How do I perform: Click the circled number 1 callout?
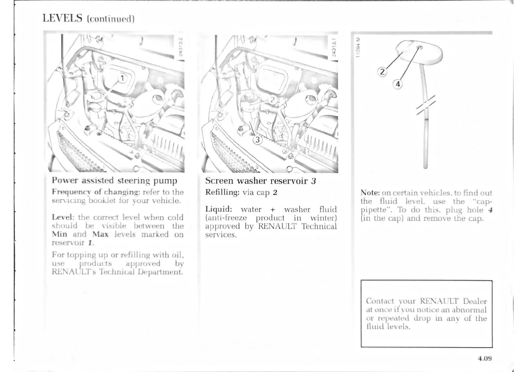[123, 78]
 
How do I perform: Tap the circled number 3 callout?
[258, 140]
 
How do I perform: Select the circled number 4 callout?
[397, 84]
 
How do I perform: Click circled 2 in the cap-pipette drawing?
[382, 72]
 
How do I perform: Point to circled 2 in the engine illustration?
[273, 100]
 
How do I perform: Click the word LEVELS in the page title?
[62, 18]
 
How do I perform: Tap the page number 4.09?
[484, 358]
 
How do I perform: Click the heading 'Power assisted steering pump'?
[115, 180]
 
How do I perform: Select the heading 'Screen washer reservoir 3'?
[260, 181]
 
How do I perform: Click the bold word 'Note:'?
[370, 193]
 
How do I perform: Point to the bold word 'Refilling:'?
[222, 192]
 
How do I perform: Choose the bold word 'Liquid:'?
[218, 209]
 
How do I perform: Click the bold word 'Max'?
[100, 234]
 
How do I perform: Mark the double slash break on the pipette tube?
[426, 106]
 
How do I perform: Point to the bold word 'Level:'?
[63, 217]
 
